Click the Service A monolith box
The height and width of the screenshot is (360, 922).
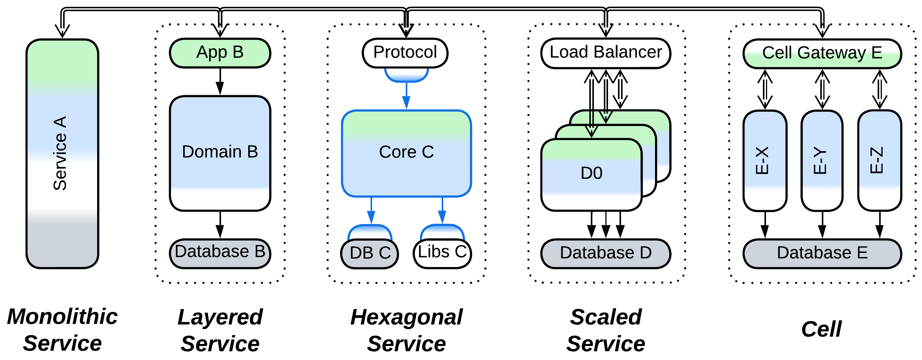point(62,153)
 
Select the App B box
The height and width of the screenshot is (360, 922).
point(220,53)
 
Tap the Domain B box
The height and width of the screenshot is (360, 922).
point(220,153)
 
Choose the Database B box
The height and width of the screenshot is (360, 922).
point(220,253)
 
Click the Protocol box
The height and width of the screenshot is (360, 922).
point(405,52)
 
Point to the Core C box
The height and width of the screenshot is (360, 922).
point(406,153)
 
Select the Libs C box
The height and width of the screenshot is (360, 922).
point(442,253)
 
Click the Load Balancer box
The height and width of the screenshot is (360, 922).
point(605,53)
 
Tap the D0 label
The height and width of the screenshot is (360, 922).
point(591,173)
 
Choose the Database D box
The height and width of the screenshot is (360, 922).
point(605,253)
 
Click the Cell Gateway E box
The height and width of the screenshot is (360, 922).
point(822,53)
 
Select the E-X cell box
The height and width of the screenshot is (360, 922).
point(764,160)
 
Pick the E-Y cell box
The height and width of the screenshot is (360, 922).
point(822,160)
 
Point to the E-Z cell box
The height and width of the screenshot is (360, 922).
point(879,160)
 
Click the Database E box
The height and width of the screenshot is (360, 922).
point(822,253)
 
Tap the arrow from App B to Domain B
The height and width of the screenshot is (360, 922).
point(220,81)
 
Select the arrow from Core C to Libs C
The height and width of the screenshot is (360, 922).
point(442,210)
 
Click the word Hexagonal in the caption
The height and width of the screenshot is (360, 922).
point(406,317)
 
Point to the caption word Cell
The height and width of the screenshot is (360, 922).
point(821,329)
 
